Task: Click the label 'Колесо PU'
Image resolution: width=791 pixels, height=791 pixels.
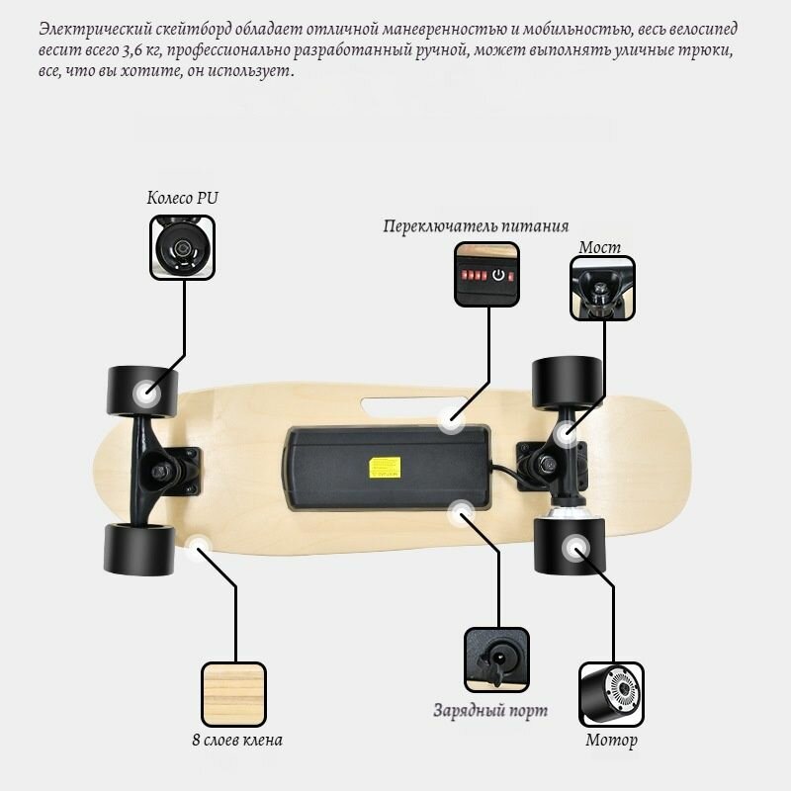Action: point(183,197)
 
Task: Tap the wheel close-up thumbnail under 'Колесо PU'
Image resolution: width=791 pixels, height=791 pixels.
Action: point(182,247)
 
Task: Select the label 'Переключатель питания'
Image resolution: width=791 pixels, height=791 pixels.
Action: point(476,226)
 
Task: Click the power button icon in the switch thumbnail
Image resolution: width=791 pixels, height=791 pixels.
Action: point(498,275)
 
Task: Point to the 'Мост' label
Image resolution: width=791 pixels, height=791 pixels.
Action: point(599,247)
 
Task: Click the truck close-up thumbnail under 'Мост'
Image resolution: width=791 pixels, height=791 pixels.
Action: point(602,288)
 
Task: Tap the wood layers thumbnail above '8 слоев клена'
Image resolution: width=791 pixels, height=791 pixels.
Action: point(233,694)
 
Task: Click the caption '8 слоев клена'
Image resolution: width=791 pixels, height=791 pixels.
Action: point(237,740)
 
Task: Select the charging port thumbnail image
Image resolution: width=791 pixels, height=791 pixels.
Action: point(496,659)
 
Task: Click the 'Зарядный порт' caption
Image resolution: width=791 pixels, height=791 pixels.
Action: point(490,710)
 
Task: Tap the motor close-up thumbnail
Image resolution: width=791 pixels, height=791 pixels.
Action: point(611,694)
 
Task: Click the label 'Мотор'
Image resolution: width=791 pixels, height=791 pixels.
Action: point(611,740)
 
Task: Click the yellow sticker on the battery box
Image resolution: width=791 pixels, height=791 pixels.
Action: point(385,468)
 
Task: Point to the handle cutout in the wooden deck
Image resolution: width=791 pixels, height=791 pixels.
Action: point(413,407)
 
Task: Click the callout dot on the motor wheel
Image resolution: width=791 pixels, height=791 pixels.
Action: point(575,549)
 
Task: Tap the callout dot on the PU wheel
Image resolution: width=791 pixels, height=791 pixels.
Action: point(146,393)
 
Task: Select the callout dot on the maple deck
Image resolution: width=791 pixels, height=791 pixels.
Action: point(199,548)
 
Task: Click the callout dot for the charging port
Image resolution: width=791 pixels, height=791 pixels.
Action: point(461,513)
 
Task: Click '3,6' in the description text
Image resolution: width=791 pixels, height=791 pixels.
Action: point(132,50)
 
